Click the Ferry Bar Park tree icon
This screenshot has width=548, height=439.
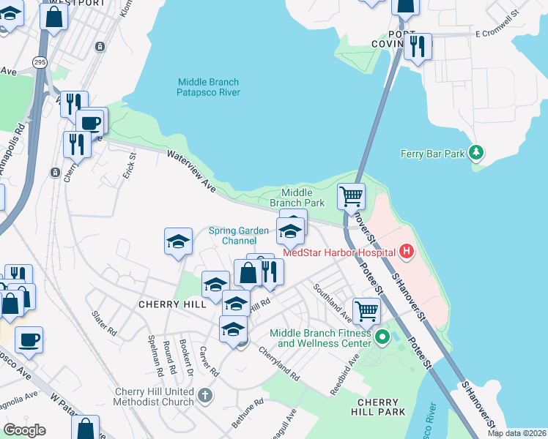[x=477, y=152]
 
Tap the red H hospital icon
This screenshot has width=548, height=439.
[x=407, y=253]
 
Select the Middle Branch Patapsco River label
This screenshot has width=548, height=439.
[x=209, y=87]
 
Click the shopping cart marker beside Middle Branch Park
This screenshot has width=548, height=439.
[x=352, y=196]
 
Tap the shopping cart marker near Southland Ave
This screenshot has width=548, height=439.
[x=366, y=310]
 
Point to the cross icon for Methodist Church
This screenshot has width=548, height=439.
[x=206, y=396]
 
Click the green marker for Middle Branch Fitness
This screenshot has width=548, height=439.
[x=382, y=337]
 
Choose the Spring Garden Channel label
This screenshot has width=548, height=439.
[x=240, y=236]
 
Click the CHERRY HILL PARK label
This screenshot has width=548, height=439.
[x=381, y=407]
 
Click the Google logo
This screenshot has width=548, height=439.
[x=25, y=429]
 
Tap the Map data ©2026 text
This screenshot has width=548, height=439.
[x=516, y=433]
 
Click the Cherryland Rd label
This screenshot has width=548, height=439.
[x=278, y=362]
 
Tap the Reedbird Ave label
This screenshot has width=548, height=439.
[x=344, y=375]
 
